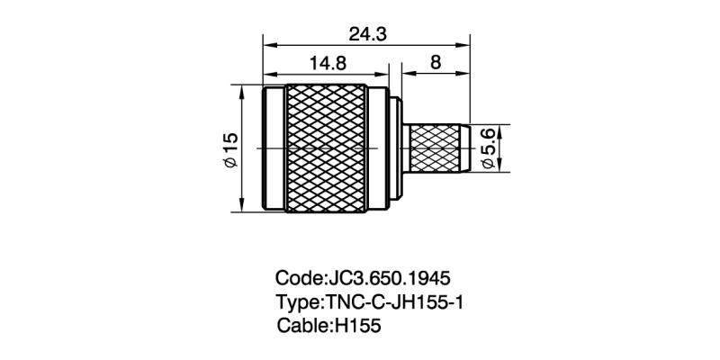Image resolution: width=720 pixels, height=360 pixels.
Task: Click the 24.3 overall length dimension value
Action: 367,34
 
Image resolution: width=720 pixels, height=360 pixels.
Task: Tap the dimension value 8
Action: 436,64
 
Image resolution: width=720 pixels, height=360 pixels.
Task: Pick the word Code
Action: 296,277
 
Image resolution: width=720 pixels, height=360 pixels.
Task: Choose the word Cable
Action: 301,326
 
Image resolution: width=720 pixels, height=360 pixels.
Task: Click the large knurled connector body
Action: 327,148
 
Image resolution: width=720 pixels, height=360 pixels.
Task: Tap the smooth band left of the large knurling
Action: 274,148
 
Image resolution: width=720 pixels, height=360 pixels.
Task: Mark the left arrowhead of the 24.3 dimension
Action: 267,45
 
